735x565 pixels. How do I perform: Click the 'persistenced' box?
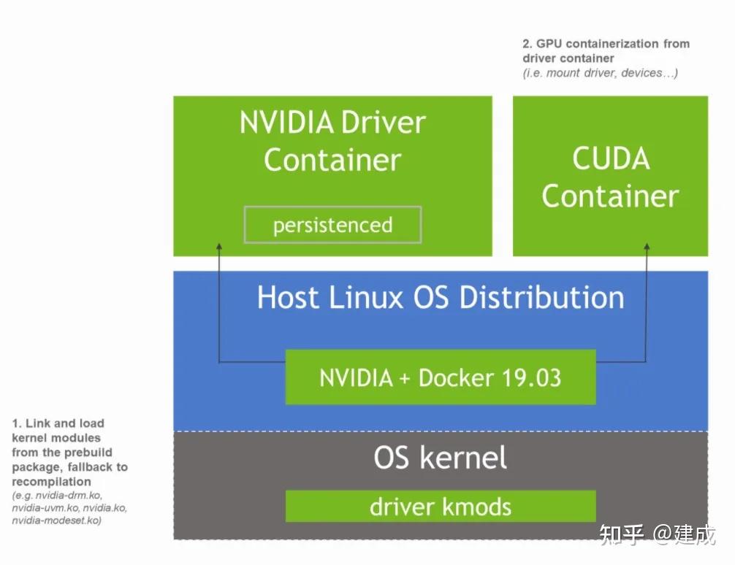[332, 225]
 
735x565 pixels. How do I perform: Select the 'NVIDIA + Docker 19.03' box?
[440, 377]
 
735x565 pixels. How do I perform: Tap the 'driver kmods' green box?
[440, 506]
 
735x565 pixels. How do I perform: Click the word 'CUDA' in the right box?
[611, 159]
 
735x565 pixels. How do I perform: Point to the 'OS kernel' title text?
[440, 458]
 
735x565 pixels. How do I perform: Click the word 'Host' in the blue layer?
[288, 298]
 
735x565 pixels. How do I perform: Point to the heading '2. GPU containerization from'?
[606, 44]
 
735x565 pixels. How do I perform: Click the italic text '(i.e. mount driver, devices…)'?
[600, 73]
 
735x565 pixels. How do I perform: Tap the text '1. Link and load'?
[58, 423]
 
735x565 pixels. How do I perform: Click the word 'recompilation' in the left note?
[51, 482]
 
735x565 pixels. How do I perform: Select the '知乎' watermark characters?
[621, 535]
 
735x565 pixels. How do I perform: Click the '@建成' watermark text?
[685, 535]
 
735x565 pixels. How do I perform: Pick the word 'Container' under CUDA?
[610, 196]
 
